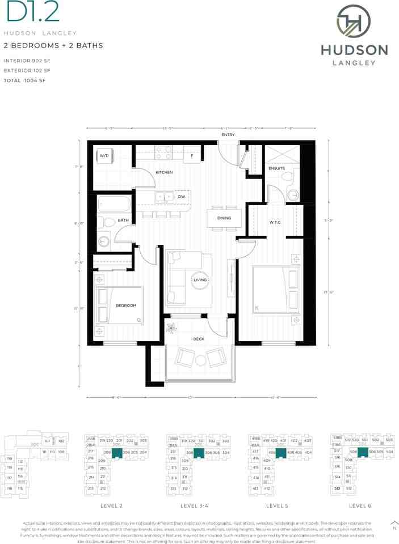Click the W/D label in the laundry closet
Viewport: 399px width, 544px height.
pos(104,155)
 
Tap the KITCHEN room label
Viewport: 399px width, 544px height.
pos(165,172)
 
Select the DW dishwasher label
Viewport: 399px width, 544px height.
pos(182,197)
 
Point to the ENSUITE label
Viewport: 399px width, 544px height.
pos(276,169)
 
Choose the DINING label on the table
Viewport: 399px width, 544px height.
pos(224,218)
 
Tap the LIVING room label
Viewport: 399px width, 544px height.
pos(200,280)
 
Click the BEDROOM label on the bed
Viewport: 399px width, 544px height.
pos(126,305)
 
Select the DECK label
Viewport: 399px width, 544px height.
pos(199,339)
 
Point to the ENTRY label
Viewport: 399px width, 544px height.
pos(228,135)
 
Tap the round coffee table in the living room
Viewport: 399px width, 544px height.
pos(200,280)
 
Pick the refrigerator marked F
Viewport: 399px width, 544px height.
pos(192,155)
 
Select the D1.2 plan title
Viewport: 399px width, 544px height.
pos(26,13)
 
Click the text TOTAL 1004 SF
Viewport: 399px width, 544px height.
pos(24,81)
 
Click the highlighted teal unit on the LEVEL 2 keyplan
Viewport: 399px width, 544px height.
pos(116,452)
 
